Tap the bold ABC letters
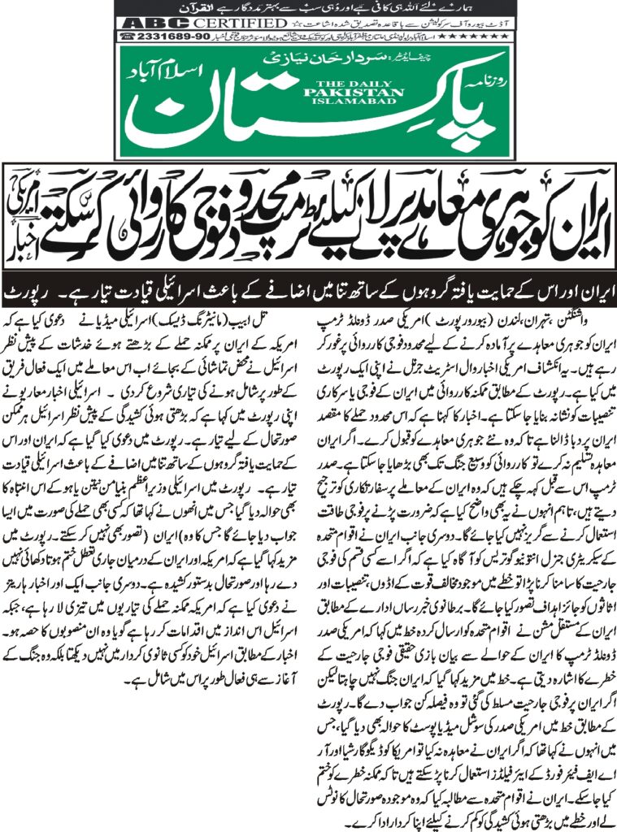tap(150, 23)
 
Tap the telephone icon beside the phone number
tap(127, 37)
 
